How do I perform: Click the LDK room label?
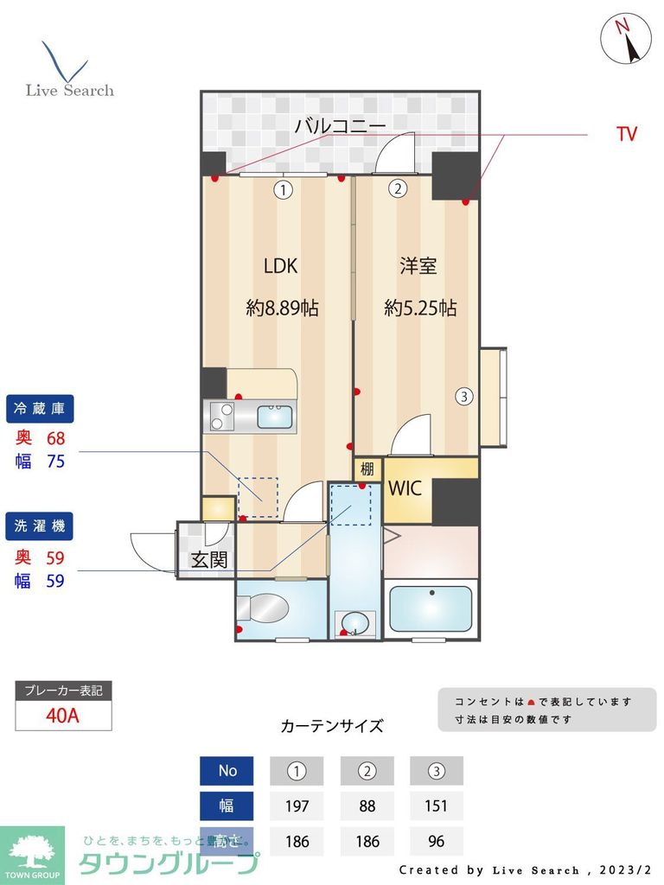click(x=280, y=266)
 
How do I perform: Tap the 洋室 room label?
click(x=418, y=266)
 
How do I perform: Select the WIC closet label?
click(x=405, y=488)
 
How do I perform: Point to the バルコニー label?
click(x=340, y=125)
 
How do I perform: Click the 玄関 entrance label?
click(x=208, y=560)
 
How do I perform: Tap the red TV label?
click(x=627, y=134)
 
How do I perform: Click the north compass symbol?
click(x=626, y=38)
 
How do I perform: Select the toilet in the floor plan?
click(x=264, y=609)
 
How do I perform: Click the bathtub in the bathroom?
click(x=431, y=609)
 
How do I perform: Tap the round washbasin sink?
click(x=354, y=622)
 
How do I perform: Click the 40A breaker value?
click(x=63, y=716)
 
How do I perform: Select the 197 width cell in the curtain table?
click(x=297, y=805)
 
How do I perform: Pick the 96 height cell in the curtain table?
click(x=437, y=841)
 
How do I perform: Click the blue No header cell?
click(x=227, y=770)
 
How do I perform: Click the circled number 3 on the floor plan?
click(x=464, y=398)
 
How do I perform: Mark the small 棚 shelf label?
click(x=367, y=469)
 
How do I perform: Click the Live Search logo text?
click(x=70, y=90)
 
